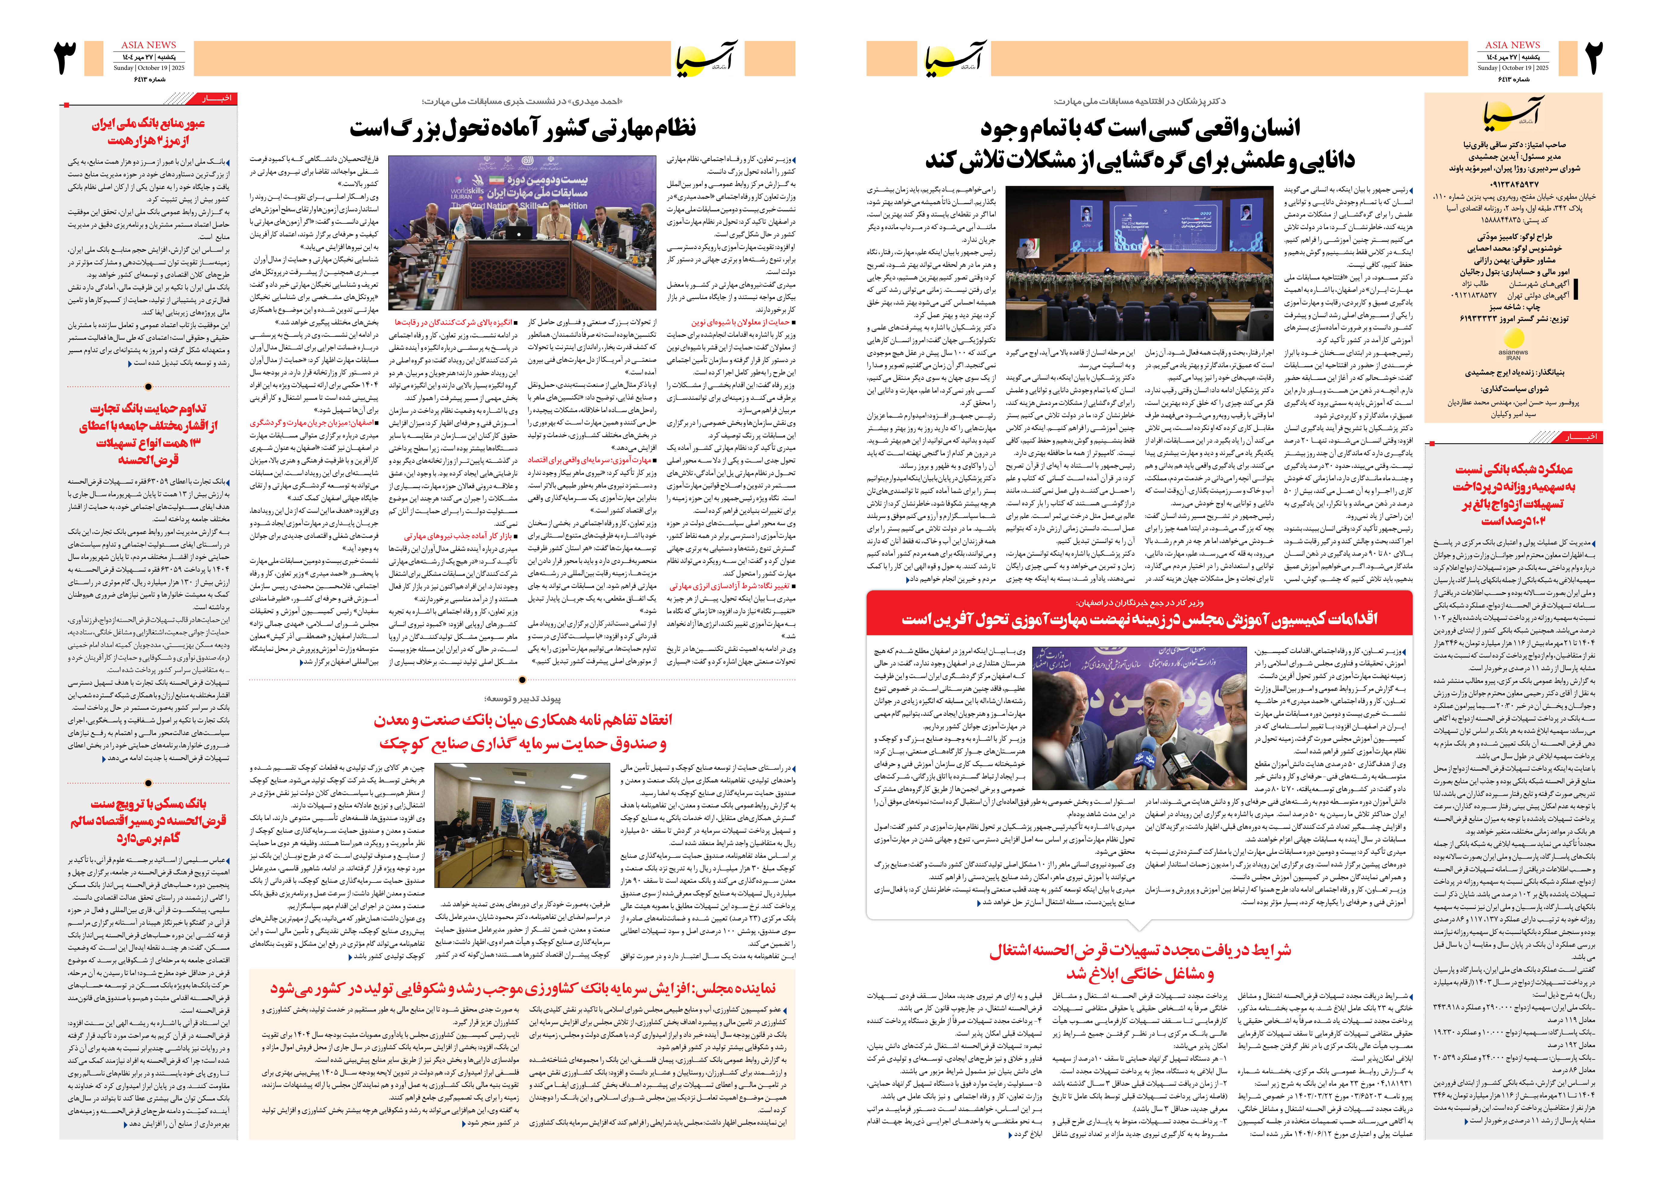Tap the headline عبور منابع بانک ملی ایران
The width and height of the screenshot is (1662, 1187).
point(148,131)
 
